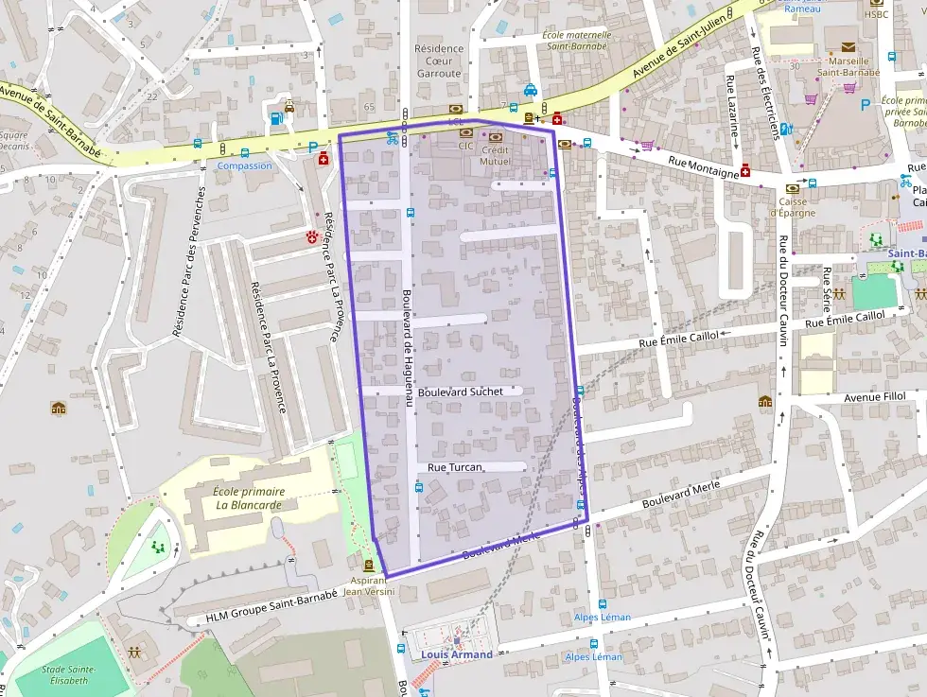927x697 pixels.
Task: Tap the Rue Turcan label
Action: (455, 467)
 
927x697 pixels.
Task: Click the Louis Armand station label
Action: (458, 654)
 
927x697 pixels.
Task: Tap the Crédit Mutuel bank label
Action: (495, 155)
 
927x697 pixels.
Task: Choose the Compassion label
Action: (244, 166)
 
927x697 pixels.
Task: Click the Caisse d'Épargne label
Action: (791, 206)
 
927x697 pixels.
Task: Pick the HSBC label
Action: (875, 13)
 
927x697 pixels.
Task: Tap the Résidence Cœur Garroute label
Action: (439, 61)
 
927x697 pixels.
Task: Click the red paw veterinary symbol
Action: (312, 235)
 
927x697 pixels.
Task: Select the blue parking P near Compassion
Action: (313, 147)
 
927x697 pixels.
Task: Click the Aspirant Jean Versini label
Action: (368, 585)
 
